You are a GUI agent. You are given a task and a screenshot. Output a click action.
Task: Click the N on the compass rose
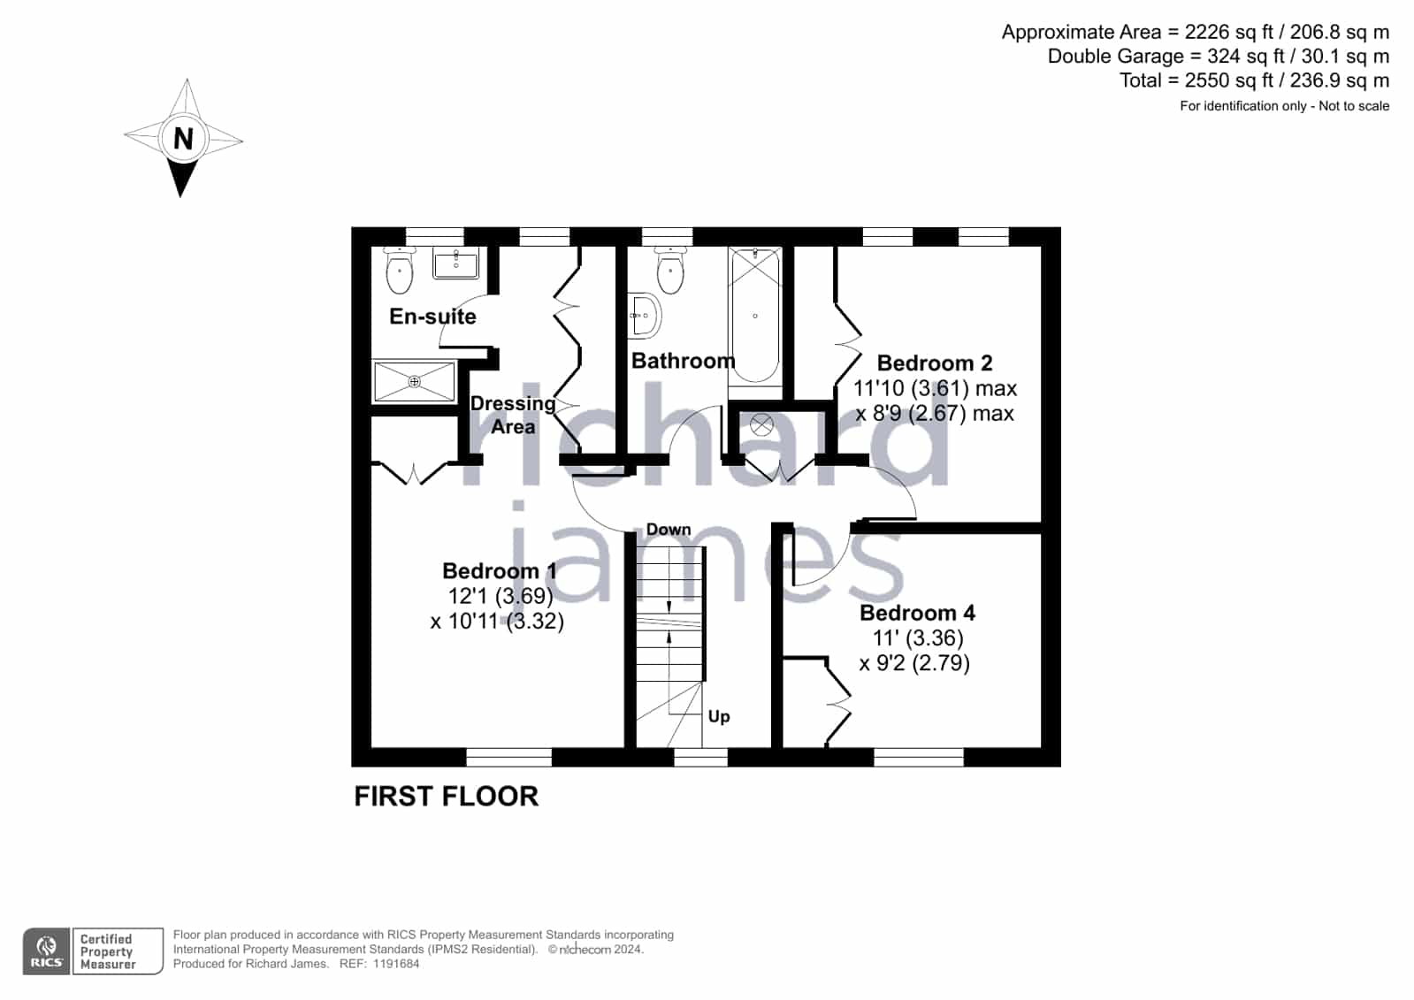[x=183, y=138]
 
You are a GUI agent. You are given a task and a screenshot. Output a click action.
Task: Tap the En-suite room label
[x=432, y=317]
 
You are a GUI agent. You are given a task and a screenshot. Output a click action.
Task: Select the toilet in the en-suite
[x=400, y=271]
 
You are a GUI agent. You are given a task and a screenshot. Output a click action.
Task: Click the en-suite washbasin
[x=455, y=263]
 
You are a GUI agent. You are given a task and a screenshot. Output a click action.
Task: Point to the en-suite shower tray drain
[x=414, y=381]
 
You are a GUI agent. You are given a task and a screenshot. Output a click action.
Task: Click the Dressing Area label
[x=513, y=415]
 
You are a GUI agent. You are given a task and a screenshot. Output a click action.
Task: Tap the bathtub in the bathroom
[x=755, y=316]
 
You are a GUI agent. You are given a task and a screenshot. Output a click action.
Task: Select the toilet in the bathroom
[x=669, y=271]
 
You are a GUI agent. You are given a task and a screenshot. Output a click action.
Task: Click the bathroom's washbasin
[x=644, y=316]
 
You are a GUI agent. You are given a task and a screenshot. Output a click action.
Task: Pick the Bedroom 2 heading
[x=934, y=363]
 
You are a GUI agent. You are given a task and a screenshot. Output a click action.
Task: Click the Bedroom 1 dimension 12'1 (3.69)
[x=500, y=596]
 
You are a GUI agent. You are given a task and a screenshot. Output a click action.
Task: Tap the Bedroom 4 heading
[x=917, y=613]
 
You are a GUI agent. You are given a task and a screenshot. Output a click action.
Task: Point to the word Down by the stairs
[x=669, y=530]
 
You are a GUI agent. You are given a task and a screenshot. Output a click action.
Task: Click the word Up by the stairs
[x=719, y=716]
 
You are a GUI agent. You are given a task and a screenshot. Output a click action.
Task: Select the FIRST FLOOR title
[x=447, y=796]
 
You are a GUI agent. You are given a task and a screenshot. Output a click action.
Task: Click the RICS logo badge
[x=47, y=950]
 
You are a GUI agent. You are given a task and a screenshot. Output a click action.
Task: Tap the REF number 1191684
[x=396, y=964]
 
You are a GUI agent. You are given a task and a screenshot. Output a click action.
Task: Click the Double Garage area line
[x=1219, y=57]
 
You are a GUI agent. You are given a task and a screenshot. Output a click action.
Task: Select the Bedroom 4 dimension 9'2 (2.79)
[x=914, y=663]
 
